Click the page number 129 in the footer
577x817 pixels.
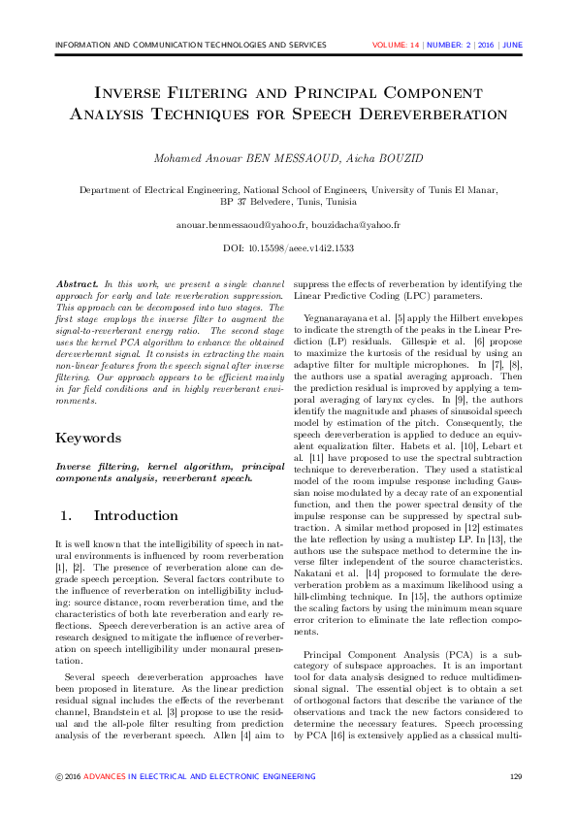click(516, 776)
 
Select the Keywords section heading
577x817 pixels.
click(87, 438)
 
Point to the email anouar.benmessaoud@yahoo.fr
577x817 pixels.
click(235, 224)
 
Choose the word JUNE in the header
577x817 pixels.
click(512, 45)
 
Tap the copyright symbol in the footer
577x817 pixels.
click(59, 776)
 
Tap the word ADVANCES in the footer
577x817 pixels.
click(104, 776)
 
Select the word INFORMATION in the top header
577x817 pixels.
click(86, 45)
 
